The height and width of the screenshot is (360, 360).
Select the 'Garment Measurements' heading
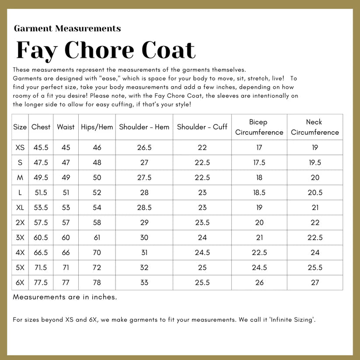pos(67,29)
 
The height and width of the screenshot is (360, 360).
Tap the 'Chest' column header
pos(41,127)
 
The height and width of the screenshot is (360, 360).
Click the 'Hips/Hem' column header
pos(97,127)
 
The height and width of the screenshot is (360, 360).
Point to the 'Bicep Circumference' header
pos(259,127)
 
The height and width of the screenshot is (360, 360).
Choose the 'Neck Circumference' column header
pos(315,127)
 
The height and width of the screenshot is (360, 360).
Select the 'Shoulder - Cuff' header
pos(202,127)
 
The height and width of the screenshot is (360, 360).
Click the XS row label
pos(20,148)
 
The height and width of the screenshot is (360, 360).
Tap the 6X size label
pos(20,283)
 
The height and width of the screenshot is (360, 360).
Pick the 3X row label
pos(20,238)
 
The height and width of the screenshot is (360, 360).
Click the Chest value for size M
pos(41,178)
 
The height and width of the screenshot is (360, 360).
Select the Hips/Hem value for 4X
pos(97,252)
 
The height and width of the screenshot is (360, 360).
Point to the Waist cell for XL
pos(66,208)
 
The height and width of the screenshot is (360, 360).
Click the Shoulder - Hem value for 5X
pos(144,268)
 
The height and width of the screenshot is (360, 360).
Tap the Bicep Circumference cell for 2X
pos(259,223)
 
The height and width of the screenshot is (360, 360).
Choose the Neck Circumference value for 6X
pos(315,283)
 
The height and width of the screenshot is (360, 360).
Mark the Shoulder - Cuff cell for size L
pos(202,192)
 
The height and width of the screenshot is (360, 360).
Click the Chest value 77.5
pos(41,283)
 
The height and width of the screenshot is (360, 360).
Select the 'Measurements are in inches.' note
pos(65,297)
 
